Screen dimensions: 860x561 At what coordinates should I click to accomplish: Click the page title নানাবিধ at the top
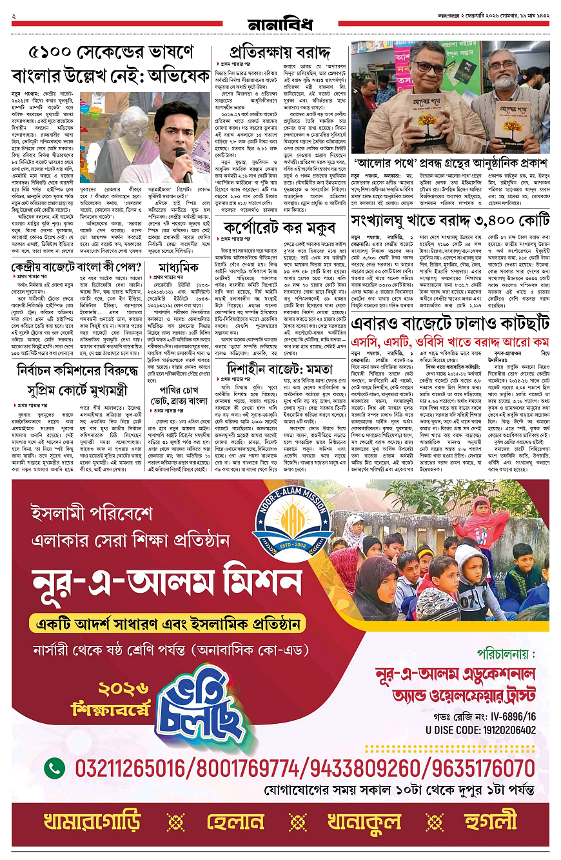click(x=280, y=25)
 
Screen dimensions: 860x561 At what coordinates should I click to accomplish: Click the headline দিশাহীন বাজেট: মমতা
click(x=281, y=368)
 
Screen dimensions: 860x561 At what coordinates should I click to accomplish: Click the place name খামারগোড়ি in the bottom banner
click(x=92, y=822)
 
